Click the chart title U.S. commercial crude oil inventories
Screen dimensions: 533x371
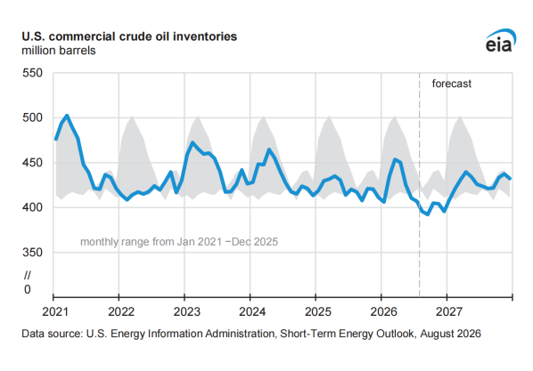[129, 36]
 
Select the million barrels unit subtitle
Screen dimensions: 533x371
[59, 51]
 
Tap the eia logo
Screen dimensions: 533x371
[500, 41]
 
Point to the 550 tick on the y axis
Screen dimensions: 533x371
[33, 73]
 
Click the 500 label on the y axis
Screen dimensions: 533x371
[33, 117]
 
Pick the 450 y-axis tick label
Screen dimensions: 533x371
[33, 163]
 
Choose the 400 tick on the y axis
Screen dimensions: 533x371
[33, 207]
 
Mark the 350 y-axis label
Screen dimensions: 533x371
[33, 252]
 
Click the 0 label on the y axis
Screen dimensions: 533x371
[28, 289]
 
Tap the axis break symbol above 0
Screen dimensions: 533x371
[28, 275]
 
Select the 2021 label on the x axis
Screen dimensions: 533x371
[55, 311]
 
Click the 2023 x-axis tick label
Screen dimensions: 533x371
[186, 311]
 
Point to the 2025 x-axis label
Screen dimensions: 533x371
[318, 311]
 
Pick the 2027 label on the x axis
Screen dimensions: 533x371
[449, 311]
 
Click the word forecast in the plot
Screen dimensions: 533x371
[451, 84]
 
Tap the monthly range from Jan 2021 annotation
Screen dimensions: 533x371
[179, 242]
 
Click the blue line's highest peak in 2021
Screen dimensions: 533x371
[67, 116]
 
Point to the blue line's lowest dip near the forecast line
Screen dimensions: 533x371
[428, 214]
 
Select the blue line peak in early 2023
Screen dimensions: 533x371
[193, 142]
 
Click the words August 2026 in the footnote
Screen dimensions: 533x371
[450, 334]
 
